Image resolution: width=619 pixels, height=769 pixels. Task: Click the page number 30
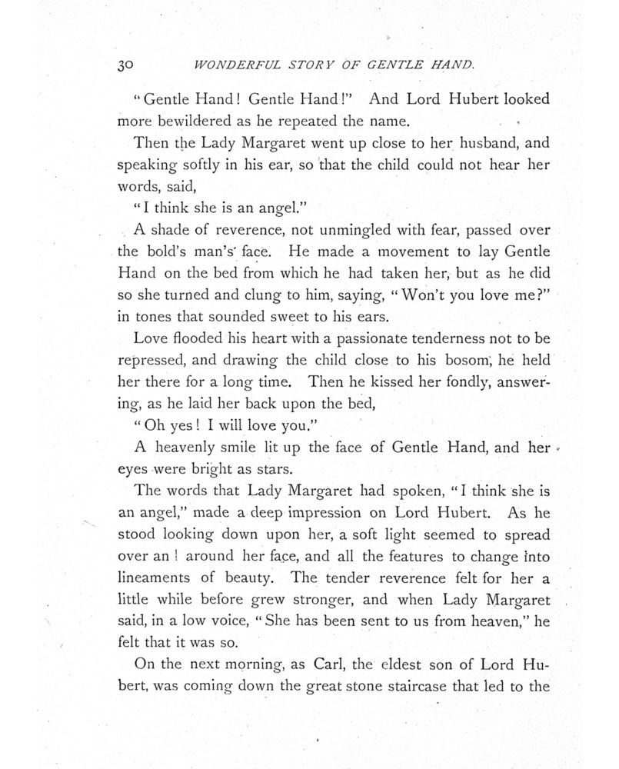126,67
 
